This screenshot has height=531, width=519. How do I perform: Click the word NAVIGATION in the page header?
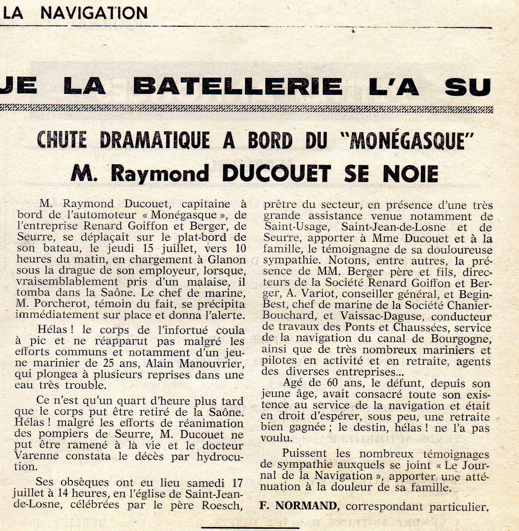click(x=94, y=13)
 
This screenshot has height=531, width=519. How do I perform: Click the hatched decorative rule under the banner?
click(x=246, y=108)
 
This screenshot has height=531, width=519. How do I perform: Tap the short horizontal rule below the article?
click(x=250, y=528)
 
